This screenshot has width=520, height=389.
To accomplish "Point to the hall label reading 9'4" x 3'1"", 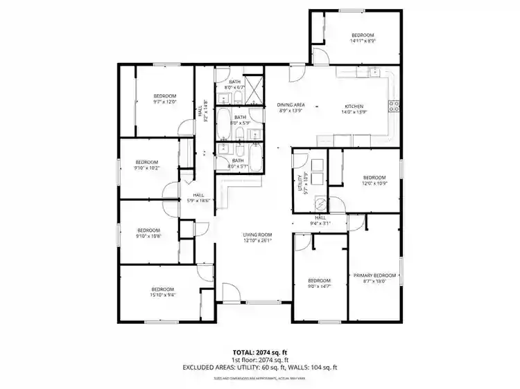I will pos(320,220).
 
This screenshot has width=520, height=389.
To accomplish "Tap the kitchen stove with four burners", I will pos(395,106).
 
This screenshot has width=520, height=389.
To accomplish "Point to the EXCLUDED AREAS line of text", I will pos(259,368).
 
